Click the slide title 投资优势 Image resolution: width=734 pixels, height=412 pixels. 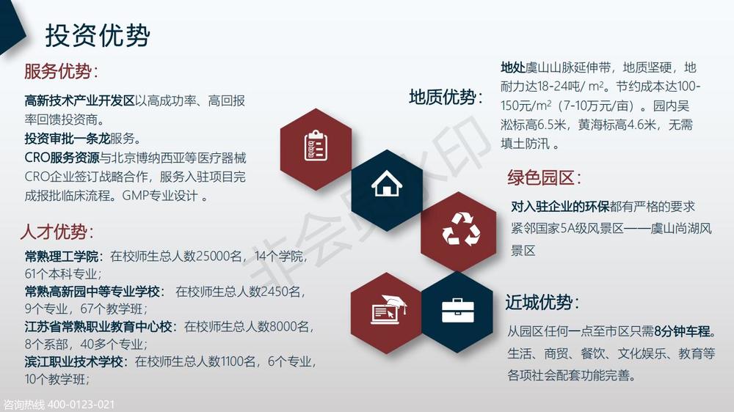[98, 35]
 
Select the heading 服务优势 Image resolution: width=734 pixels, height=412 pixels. [58, 72]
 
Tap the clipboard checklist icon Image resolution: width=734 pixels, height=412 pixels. [316, 146]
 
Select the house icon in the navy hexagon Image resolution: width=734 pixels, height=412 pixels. [387, 183]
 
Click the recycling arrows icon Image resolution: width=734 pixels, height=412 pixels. [461, 229]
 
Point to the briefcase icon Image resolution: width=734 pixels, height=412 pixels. [458, 311]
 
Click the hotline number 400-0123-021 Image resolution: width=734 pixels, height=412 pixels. [81, 405]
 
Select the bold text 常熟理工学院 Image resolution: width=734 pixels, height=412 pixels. [62, 257]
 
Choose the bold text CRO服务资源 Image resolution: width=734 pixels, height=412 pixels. [62, 158]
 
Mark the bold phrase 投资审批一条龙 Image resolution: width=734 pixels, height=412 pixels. [67, 139]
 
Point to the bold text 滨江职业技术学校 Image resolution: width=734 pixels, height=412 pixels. [73, 361]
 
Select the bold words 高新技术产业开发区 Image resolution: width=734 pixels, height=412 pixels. [79, 100]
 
